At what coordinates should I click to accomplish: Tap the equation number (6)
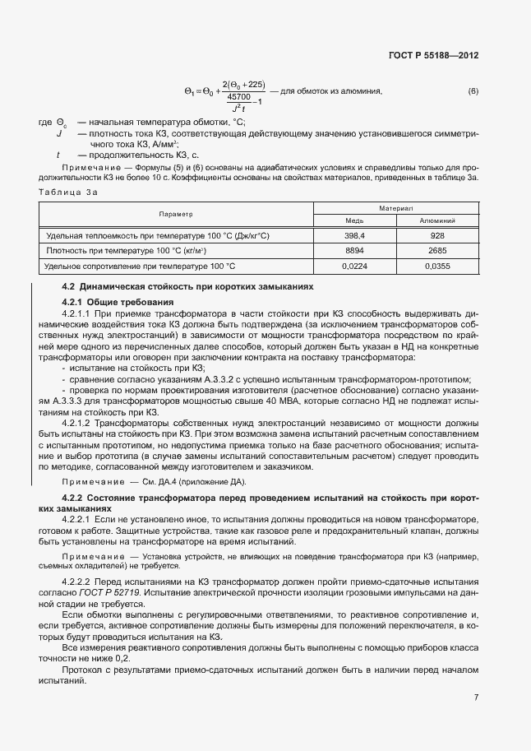click(x=473, y=90)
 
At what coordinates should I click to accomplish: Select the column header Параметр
click(x=176, y=214)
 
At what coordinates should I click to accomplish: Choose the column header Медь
click(x=355, y=220)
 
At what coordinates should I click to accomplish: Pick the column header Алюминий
click(x=437, y=220)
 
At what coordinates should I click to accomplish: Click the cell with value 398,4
click(x=355, y=235)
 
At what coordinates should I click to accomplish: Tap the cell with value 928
click(x=437, y=235)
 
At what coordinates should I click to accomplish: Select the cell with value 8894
click(x=355, y=250)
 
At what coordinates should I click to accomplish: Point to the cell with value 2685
click(x=437, y=250)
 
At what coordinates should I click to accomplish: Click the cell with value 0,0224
click(x=355, y=266)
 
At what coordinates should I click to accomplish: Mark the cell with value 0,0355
click(x=437, y=266)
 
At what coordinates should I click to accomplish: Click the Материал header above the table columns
click(x=396, y=209)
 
